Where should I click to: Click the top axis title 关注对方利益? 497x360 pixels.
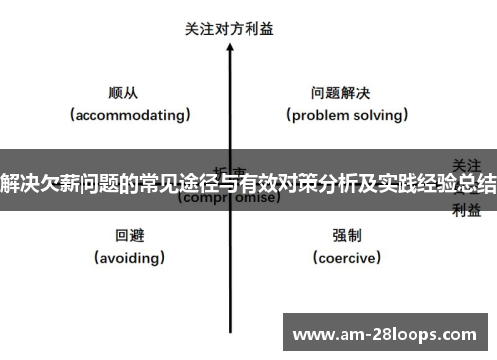click(230, 29)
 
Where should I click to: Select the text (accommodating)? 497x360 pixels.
click(129, 115)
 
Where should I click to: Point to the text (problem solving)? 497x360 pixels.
click(347, 115)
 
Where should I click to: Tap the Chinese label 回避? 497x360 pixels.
click(129, 236)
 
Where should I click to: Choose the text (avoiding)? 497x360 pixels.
click(129, 258)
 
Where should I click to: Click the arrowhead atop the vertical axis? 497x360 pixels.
click(230, 49)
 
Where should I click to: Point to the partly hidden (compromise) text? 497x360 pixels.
click(229, 198)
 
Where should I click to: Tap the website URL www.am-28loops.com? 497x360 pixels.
click(388, 333)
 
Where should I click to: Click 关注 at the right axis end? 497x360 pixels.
click(467, 163)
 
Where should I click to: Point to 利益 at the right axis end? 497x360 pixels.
click(467, 209)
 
